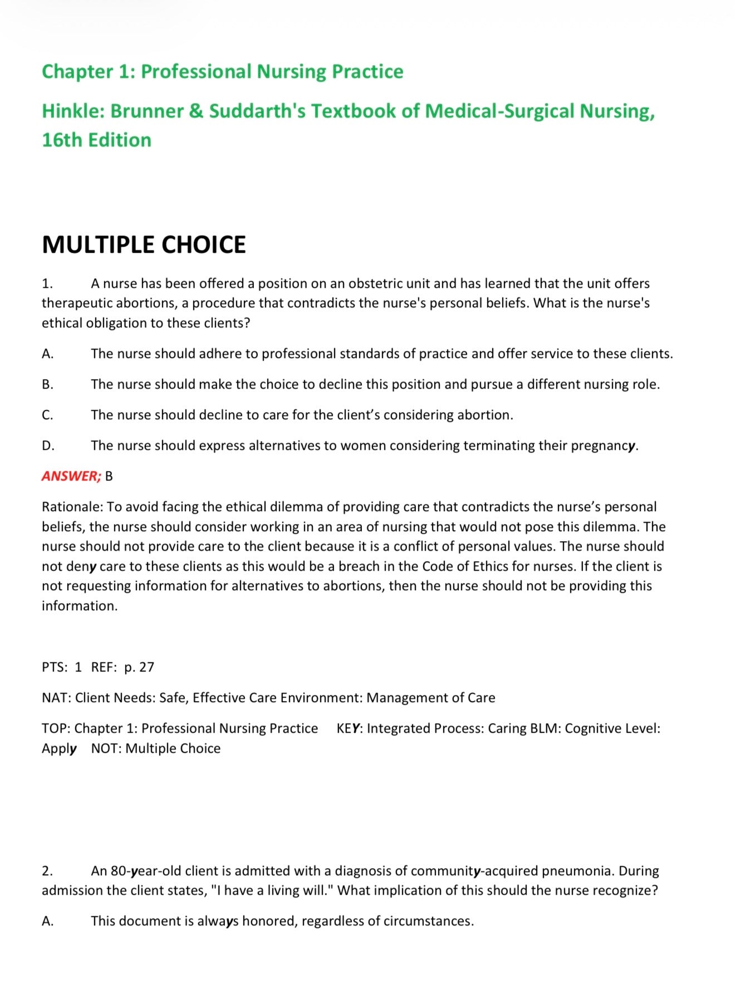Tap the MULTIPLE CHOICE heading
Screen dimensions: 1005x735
[144, 245]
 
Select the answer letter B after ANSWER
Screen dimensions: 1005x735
[109, 476]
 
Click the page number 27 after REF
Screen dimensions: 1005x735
[146, 667]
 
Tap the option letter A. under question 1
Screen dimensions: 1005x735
[48, 354]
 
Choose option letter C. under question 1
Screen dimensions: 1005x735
[48, 415]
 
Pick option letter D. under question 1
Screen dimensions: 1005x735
[48, 445]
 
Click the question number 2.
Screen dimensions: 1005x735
[47, 871]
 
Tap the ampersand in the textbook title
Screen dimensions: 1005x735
[196, 111]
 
